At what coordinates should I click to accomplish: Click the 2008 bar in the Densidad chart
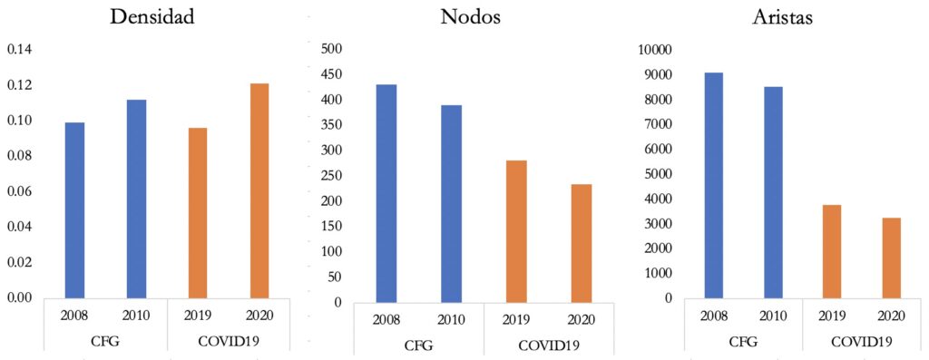point(74,209)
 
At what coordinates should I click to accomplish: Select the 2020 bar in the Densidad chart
point(259,190)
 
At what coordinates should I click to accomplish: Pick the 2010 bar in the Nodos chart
point(451,203)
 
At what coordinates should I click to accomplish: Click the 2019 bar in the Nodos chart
point(516,230)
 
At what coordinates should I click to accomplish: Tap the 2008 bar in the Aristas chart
point(713,185)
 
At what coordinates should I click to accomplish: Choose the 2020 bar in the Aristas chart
point(891,258)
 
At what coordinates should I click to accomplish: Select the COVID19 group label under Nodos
point(548,345)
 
